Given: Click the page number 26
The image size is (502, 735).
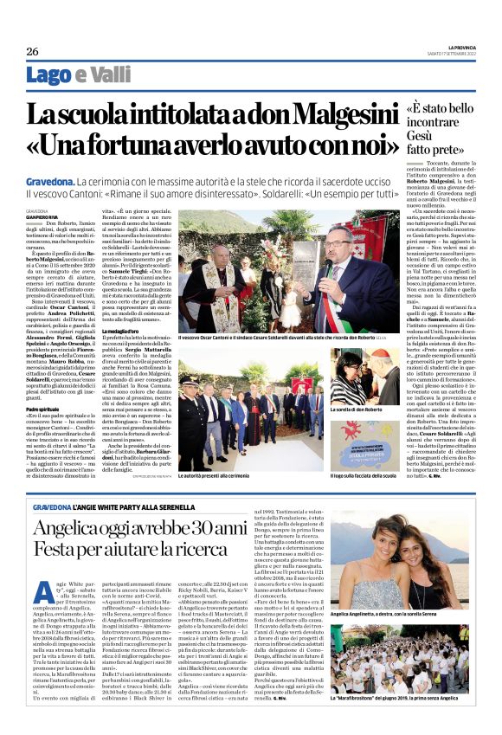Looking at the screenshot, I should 32,52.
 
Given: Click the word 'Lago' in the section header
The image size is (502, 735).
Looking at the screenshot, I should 49,75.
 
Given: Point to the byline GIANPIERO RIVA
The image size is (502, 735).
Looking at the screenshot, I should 43,216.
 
